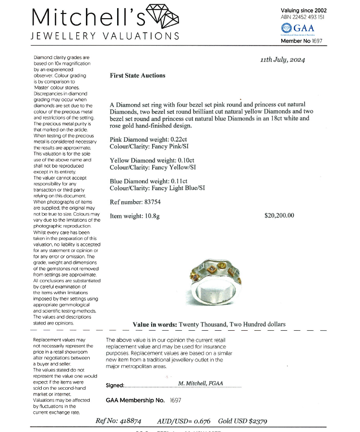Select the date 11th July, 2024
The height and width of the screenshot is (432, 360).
click(282, 60)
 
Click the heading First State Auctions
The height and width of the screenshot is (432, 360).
click(137, 75)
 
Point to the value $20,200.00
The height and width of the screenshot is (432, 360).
click(279, 216)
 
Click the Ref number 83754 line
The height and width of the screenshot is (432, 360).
click(135, 202)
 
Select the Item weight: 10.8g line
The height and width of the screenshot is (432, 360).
click(134, 216)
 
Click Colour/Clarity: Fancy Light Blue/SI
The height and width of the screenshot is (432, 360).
click(157, 188)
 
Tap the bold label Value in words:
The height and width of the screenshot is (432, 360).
click(155, 324)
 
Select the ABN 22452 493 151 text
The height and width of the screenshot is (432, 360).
click(302, 17)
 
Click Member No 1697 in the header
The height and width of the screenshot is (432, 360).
click(301, 41)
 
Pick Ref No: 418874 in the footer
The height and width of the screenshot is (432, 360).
click(118, 421)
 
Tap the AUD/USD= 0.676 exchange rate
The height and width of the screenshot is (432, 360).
click(183, 421)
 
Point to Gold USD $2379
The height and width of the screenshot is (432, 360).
click(242, 421)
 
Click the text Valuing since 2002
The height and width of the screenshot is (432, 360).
click(303, 10)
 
